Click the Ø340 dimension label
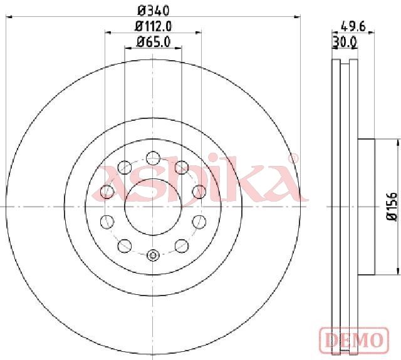click(x=154, y=11)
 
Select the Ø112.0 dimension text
click(x=153, y=26)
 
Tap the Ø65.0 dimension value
click(x=154, y=42)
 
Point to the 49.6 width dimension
click(x=353, y=26)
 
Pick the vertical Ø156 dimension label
click(x=392, y=207)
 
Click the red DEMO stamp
click(x=354, y=340)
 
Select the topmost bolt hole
click(x=153, y=158)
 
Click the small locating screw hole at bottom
click(x=153, y=255)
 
